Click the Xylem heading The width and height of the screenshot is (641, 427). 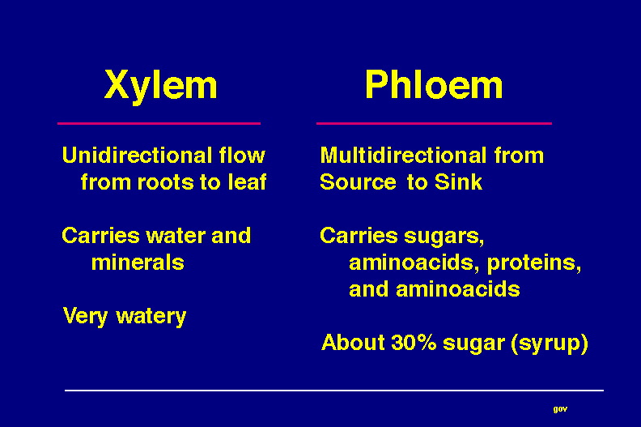pyautogui.click(x=161, y=85)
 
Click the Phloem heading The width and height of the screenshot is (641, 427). pyautogui.click(x=434, y=84)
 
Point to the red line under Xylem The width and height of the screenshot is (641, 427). pyautogui.click(x=159, y=123)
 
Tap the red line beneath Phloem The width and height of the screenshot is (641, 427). pyautogui.click(x=434, y=123)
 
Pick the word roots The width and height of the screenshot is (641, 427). pyautogui.click(x=166, y=182)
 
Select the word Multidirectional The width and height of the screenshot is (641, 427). pyautogui.click(x=404, y=156)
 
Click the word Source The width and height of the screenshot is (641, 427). pyautogui.click(x=358, y=182)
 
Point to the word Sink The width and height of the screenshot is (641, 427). pyautogui.click(x=458, y=181)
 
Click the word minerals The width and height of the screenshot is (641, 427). pyautogui.click(x=138, y=263)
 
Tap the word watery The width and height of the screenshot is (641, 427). pyautogui.click(x=151, y=317)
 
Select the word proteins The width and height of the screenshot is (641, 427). pyautogui.click(x=534, y=263)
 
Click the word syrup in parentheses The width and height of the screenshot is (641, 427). pyautogui.click(x=550, y=343)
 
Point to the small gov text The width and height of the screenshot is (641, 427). pyautogui.click(x=560, y=409)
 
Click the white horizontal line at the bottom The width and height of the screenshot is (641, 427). pyautogui.click(x=334, y=391)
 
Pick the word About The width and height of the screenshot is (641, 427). pyautogui.click(x=353, y=342)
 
